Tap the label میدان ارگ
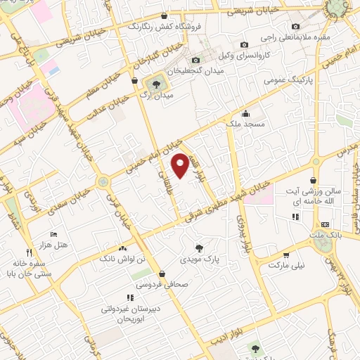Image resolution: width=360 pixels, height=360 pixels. click(154, 94)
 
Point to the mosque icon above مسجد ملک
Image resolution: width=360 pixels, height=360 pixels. click(245, 113)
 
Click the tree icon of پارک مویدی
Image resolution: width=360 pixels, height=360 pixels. click(200, 247)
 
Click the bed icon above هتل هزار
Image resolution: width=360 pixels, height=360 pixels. click(53, 233)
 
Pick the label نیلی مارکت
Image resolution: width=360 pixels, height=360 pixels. click(287, 266)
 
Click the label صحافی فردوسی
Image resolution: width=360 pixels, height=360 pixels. click(162, 285)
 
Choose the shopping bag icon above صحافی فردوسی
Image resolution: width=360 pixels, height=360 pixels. click(162, 274)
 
